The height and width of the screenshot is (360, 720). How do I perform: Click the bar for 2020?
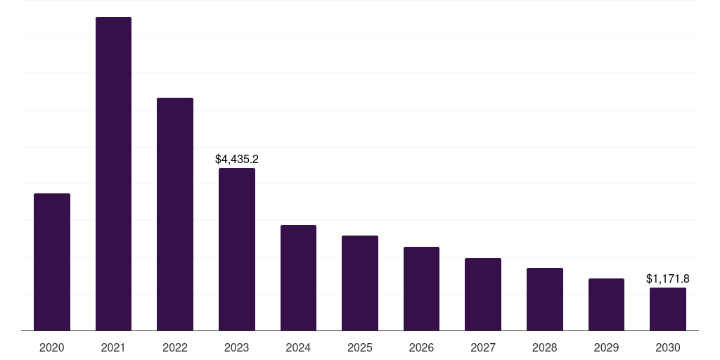coord(52,262)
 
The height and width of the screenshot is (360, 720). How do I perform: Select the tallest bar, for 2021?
coord(113,174)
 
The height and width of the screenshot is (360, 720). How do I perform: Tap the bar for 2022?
coord(175,214)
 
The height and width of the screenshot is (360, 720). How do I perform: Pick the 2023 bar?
coord(237,249)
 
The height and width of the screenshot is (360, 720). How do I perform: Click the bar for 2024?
coord(298,278)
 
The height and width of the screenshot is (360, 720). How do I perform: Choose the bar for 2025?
coord(360,283)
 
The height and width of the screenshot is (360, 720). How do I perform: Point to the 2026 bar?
coord(421,288)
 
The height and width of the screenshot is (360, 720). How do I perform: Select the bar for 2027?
coord(483,294)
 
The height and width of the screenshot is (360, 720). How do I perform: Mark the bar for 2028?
coord(545,299)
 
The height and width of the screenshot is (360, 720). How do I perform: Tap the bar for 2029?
coord(606,304)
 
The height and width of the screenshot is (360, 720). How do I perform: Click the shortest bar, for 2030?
coord(668,309)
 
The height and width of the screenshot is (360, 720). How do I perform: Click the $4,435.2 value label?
coord(237,160)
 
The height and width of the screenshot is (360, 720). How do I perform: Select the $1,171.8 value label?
coord(668,279)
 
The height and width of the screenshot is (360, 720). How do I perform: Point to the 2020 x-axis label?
coord(52,347)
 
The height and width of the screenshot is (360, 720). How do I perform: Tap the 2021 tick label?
coord(113,347)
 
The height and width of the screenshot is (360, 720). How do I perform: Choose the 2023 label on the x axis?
coord(237,347)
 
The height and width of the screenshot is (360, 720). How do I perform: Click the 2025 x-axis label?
coord(360,347)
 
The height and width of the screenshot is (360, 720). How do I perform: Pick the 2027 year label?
coord(483,347)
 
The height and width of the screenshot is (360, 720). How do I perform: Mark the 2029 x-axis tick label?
coord(606,347)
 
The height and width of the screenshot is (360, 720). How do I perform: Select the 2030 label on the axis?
coord(668,347)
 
